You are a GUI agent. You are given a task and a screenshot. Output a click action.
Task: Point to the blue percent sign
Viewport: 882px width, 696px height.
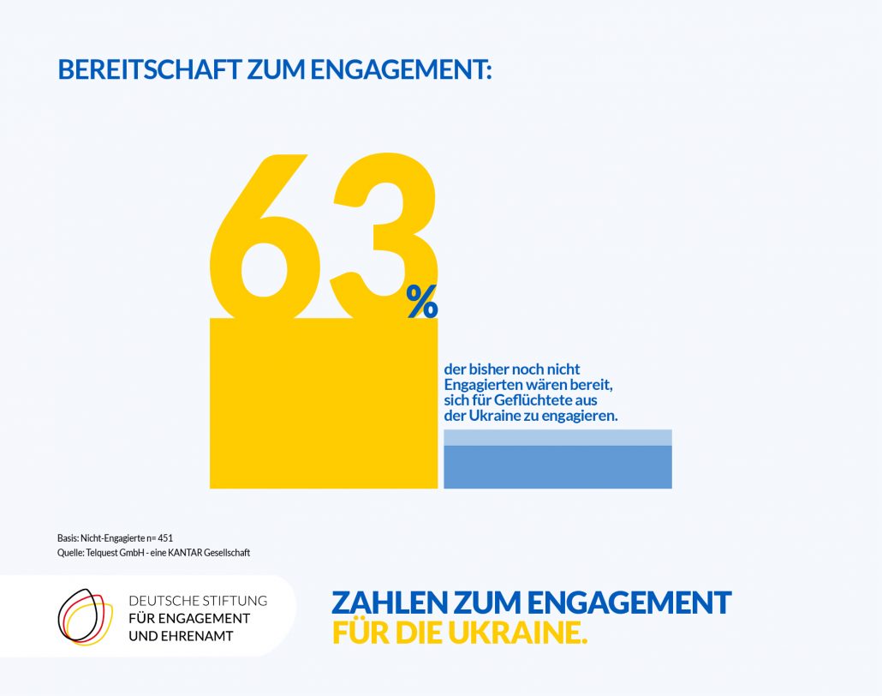(x=422, y=301)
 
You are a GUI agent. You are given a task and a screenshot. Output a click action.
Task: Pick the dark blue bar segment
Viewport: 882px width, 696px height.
(x=557, y=467)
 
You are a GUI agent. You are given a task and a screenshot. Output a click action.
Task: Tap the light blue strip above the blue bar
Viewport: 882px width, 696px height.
(x=557, y=437)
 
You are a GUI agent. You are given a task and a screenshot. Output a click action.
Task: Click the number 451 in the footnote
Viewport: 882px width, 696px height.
(x=165, y=537)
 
